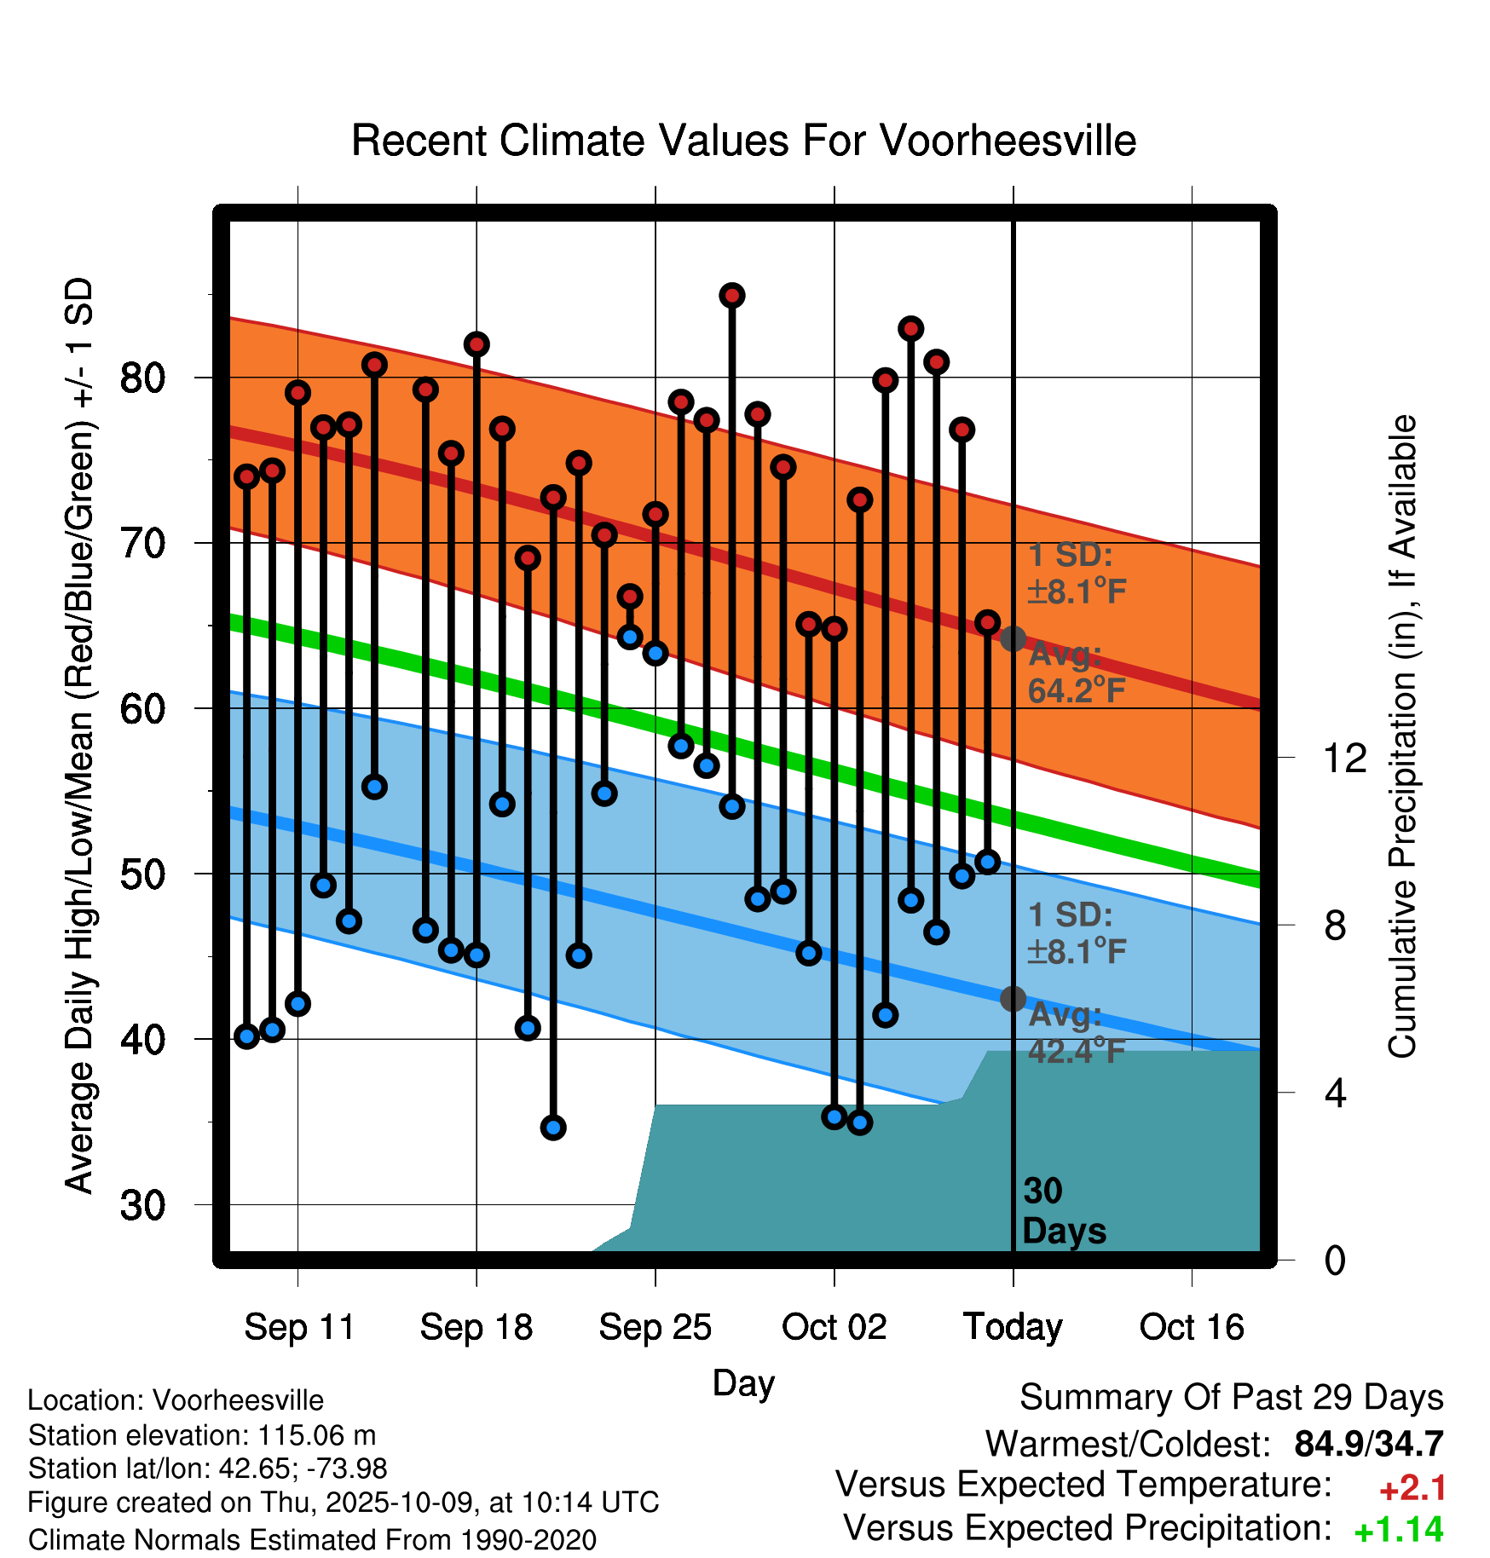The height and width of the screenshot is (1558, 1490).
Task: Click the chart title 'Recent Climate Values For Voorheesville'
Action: (x=743, y=141)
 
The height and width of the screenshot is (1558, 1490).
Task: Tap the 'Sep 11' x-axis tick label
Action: (x=299, y=1327)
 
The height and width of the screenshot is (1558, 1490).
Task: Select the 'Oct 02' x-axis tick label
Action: (x=834, y=1327)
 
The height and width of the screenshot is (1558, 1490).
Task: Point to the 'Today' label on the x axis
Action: (x=1013, y=1327)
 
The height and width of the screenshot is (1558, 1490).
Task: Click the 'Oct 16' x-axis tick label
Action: (x=1192, y=1327)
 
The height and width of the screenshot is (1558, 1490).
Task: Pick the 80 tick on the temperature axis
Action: (x=142, y=378)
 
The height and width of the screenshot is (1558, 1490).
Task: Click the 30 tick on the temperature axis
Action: (x=142, y=1205)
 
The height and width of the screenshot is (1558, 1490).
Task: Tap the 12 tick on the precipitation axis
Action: (x=1344, y=758)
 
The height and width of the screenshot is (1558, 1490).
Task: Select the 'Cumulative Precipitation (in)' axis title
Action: (x=1401, y=736)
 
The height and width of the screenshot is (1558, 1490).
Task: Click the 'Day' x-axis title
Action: (x=743, y=1382)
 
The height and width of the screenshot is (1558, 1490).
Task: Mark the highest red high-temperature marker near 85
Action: (x=732, y=296)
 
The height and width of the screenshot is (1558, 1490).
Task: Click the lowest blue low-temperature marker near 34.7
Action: (x=553, y=1128)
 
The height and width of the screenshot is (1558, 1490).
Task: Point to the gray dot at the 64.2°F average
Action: (x=1013, y=638)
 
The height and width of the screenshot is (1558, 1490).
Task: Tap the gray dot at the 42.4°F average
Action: (x=1013, y=998)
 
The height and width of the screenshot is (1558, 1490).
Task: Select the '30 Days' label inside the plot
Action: (x=1063, y=1211)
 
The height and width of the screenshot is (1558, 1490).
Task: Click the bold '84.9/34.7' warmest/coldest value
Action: (x=1368, y=1444)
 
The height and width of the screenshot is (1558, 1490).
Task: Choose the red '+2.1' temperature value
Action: (x=1412, y=1488)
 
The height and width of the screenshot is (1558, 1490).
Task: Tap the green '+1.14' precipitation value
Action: (x=1398, y=1531)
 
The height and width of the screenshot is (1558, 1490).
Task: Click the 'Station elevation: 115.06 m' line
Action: (x=202, y=1435)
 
